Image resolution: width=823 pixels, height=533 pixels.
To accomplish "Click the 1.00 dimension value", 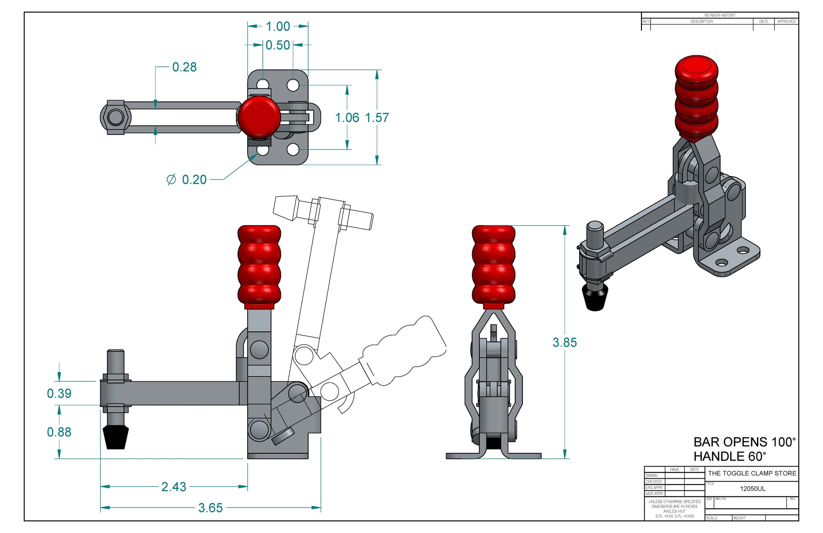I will (278, 27).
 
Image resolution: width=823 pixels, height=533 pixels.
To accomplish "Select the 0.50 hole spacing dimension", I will (278, 45).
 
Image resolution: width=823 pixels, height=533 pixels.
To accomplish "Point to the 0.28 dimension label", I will (184, 67).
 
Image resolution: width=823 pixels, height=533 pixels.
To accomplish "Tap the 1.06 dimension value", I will (347, 118).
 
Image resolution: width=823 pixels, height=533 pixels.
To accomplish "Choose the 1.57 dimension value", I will (377, 118).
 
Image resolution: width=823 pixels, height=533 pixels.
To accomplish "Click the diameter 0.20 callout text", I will (187, 179).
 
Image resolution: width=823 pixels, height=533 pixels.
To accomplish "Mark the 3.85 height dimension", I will (565, 342).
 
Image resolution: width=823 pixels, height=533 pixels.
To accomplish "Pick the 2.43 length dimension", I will (174, 487).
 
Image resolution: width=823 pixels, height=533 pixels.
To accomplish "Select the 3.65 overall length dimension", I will (211, 508).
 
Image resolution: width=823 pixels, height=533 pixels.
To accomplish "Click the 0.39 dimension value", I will (59, 393).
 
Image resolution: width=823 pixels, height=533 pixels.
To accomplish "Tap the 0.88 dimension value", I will (59, 432).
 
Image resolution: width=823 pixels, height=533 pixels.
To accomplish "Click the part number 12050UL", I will (753, 489).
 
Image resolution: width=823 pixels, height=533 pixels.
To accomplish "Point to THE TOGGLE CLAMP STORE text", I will (752, 473).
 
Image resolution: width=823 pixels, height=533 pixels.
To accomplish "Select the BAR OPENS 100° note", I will (744, 442).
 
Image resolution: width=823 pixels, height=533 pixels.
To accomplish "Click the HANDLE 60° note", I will (730, 457).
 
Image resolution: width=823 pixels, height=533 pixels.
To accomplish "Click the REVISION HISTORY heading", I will (720, 15).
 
